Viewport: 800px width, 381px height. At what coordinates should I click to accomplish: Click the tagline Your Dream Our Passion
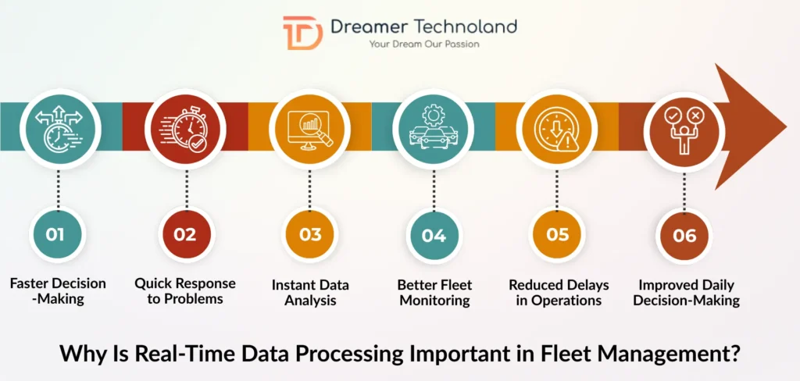click(x=424, y=45)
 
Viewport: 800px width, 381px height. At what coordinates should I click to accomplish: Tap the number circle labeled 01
click(x=55, y=234)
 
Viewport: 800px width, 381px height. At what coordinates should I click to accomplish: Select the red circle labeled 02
click(x=184, y=234)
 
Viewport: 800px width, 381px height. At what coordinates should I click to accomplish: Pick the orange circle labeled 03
click(x=310, y=234)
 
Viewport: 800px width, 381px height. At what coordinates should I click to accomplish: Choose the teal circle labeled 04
click(x=434, y=234)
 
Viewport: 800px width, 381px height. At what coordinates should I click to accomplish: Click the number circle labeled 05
click(x=558, y=234)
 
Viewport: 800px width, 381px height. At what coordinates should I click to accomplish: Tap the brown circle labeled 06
click(x=684, y=234)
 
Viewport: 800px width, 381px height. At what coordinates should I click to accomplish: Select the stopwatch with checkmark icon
click(x=186, y=128)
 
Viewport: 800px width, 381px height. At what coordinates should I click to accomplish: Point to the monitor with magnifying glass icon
click(x=310, y=128)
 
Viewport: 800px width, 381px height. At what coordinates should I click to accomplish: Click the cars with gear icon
click(x=434, y=128)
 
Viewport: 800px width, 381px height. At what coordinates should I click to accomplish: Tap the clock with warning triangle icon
click(x=558, y=128)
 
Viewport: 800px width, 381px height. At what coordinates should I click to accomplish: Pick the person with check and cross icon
click(x=684, y=128)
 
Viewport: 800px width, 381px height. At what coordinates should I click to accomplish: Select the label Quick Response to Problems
click(x=184, y=291)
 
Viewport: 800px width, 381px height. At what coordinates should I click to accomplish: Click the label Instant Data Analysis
click(x=310, y=291)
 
